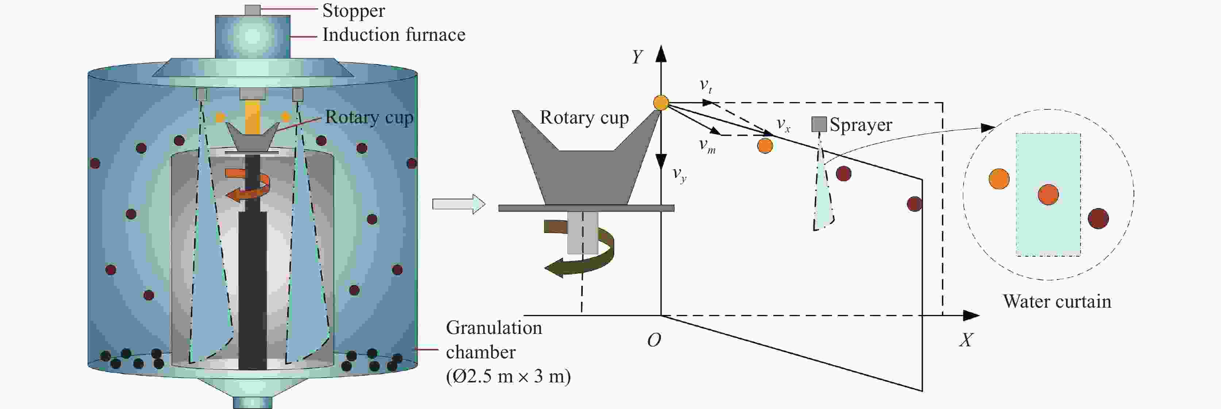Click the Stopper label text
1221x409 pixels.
coord(354,11)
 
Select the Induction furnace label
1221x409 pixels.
coord(394,35)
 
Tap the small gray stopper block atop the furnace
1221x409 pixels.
coord(253,10)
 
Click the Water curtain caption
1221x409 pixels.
coord(1057,301)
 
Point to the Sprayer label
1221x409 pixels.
coord(861,125)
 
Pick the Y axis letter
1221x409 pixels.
coord(638,57)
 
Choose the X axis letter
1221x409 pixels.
coord(966,340)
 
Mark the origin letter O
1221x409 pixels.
coord(654,340)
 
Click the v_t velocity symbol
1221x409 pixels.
coord(706,86)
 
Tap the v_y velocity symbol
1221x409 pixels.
coord(679,175)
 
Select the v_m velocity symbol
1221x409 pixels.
coord(707,145)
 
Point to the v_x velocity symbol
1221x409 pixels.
coord(783,125)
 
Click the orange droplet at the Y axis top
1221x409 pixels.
coord(661,103)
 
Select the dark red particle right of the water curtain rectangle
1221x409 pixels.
coord(1098,219)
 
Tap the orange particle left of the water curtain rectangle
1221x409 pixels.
coord(999,179)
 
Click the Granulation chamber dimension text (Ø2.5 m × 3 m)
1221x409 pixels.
coord(508,376)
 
